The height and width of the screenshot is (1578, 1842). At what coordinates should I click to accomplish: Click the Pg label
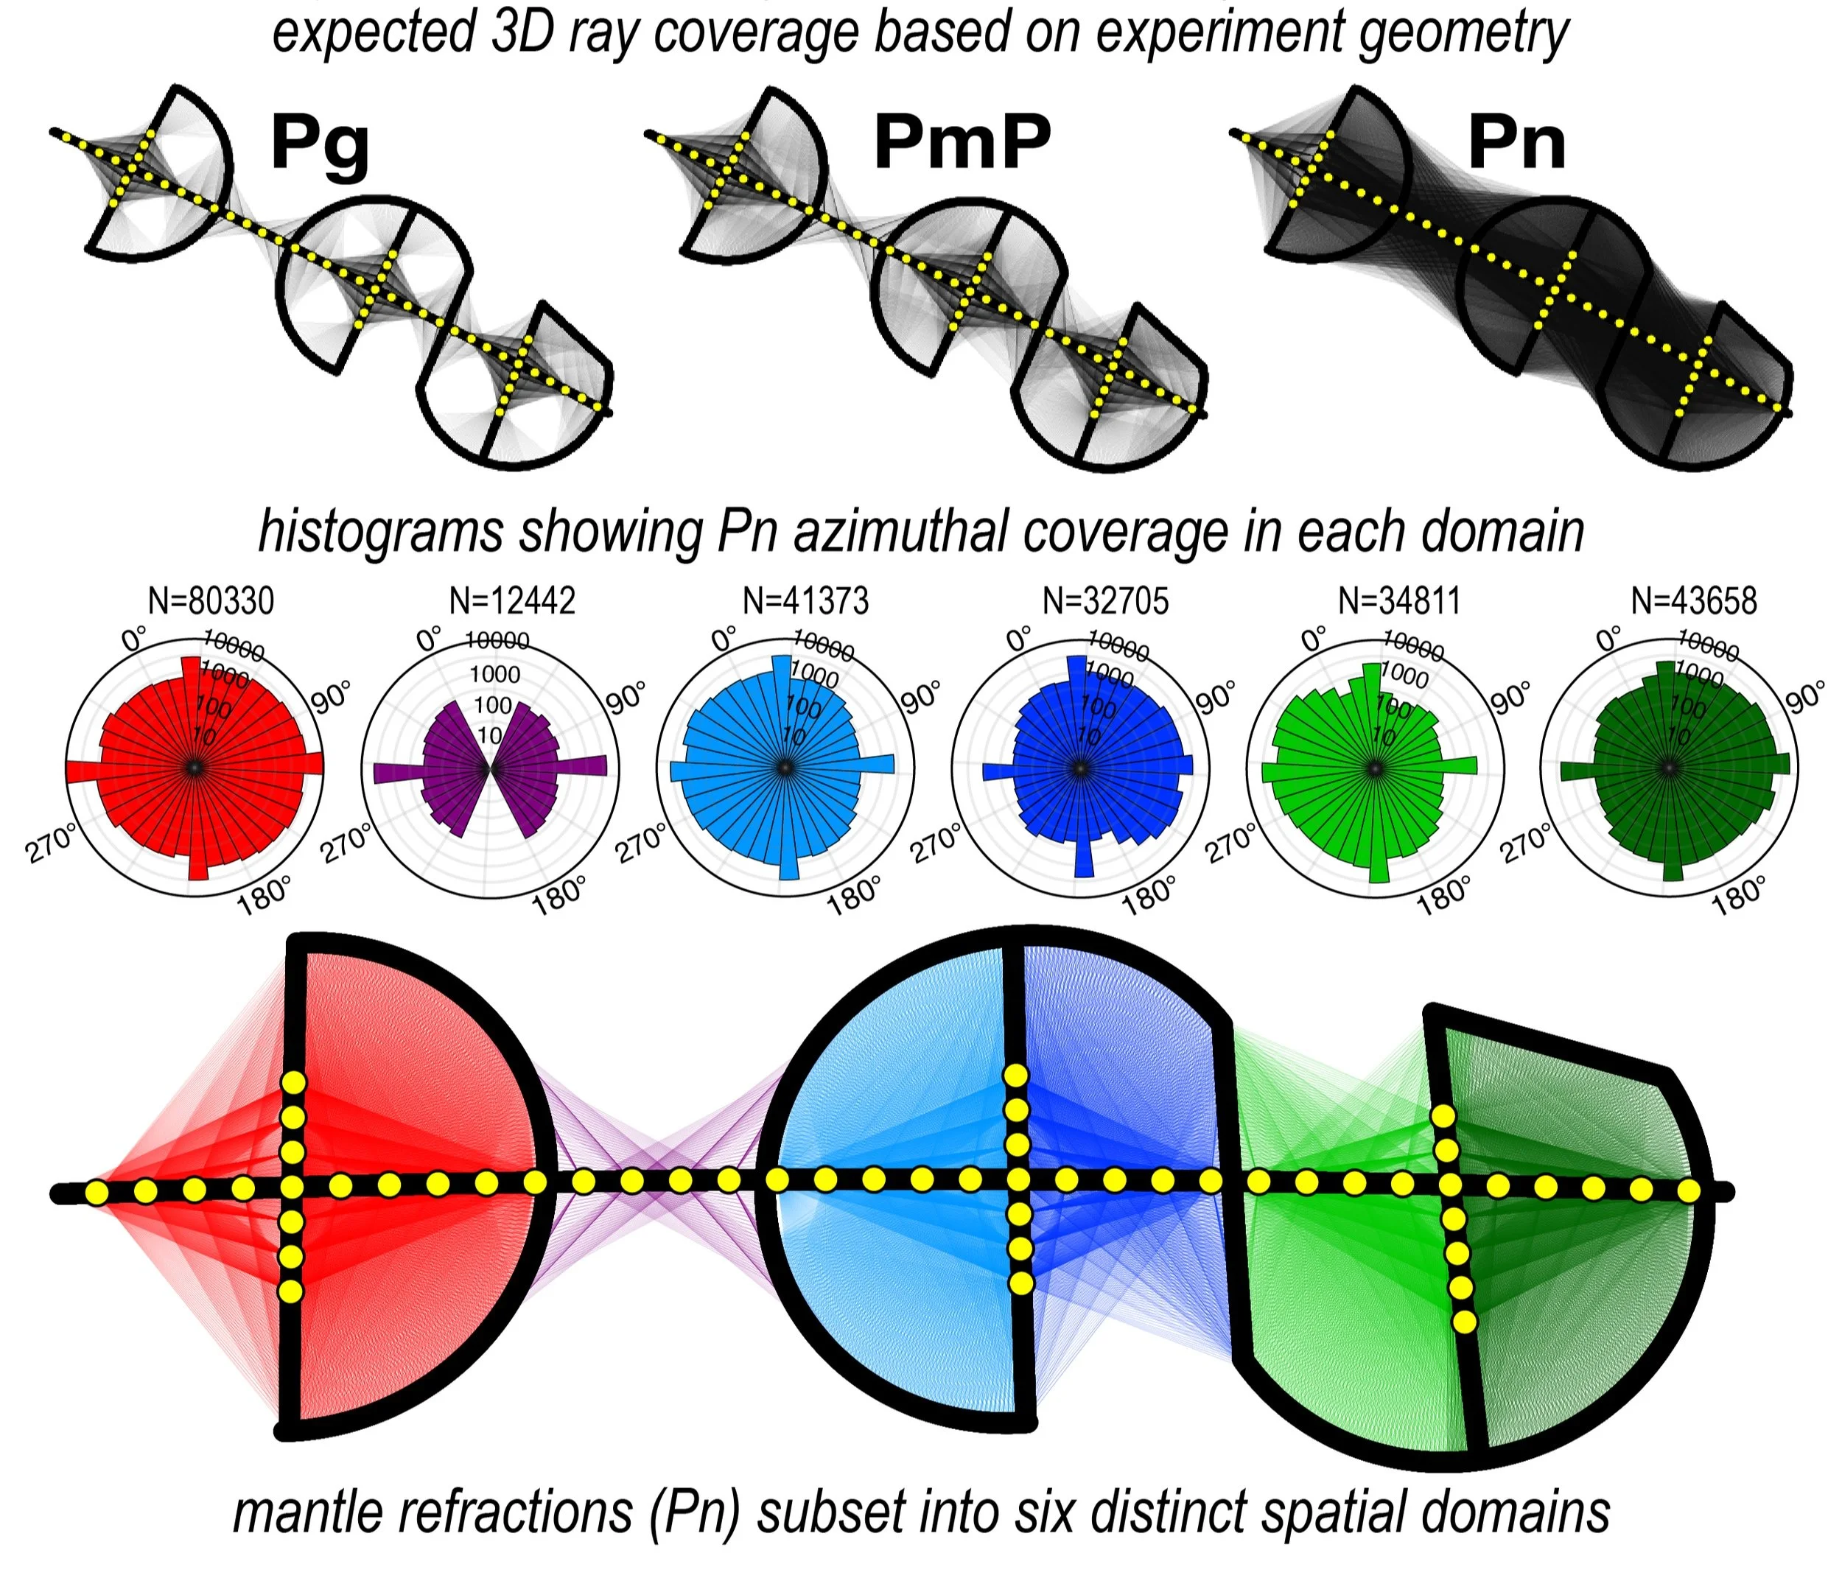pos(320,143)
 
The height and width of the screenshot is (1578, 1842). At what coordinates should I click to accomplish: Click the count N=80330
pos(211,601)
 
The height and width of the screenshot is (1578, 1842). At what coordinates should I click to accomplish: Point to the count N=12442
pos(512,601)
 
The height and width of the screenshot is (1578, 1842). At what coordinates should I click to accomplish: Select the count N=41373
pos(805,601)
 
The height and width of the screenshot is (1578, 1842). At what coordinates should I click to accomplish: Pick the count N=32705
pos(1105,601)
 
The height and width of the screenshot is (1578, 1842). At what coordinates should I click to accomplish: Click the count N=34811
pos(1399,601)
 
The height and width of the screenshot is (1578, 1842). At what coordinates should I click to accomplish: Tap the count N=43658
pos(1694,601)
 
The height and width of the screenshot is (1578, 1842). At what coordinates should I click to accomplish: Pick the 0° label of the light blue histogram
pos(724,638)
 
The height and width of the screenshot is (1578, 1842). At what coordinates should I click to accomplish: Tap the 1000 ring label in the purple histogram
pos(494,674)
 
